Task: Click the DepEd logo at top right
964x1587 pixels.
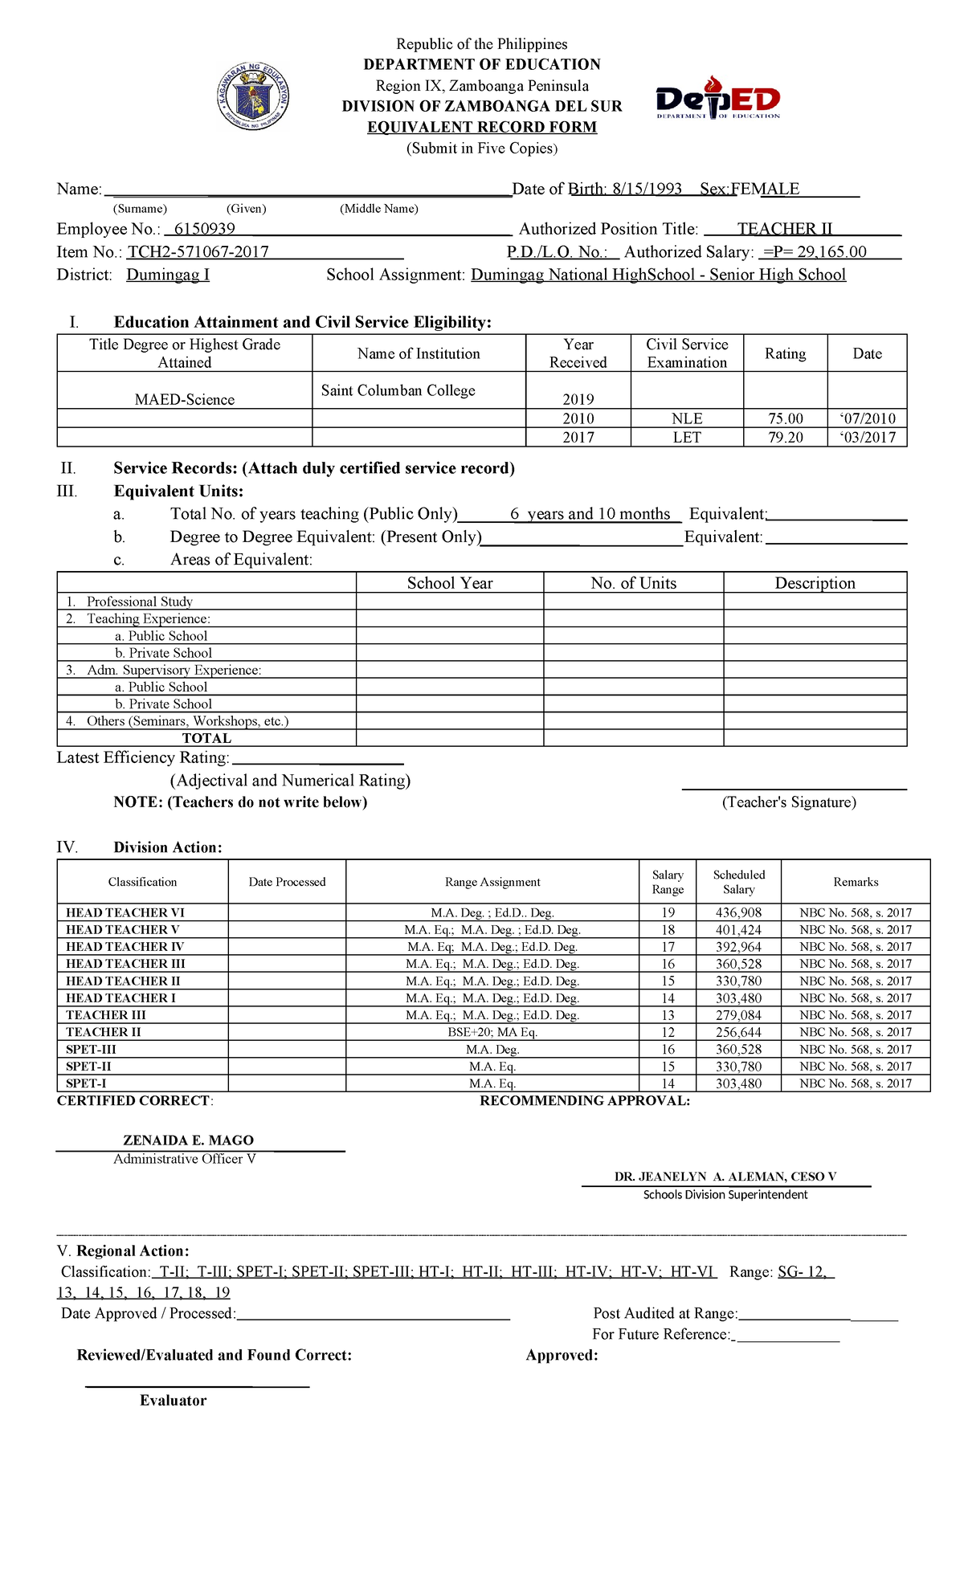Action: pyautogui.click(x=717, y=98)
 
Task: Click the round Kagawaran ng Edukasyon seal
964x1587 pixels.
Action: pyautogui.click(x=254, y=97)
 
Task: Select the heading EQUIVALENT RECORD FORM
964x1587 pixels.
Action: pyautogui.click(x=482, y=127)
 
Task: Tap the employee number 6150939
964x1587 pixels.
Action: pyautogui.click(x=204, y=229)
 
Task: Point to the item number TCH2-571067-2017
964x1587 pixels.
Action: pyautogui.click(x=198, y=252)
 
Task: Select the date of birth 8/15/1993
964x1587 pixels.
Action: pyautogui.click(x=647, y=189)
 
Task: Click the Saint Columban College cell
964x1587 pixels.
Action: pyautogui.click(x=398, y=390)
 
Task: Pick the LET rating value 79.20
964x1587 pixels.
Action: pyautogui.click(x=785, y=438)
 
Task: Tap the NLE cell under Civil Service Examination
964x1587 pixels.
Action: pyautogui.click(x=687, y=418)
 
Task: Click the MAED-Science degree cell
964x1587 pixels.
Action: pyautogui.click(x=185, y=399)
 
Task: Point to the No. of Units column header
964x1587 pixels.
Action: pyautogui.click(x=633, y=583)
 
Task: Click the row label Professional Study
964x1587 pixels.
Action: pyautogui.click(x=139, y=602)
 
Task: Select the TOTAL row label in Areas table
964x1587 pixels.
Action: pyautogui.click(x=206, y=738)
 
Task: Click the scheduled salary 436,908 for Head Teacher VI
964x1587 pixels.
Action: pyautogui.click(x=738, y=912)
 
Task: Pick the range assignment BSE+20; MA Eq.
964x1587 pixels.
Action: pyautogui.click(x=492, y=1032)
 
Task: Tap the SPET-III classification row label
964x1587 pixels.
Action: pyautogui.click(x=91, y=1050)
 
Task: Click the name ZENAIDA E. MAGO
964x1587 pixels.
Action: pyautogui.click(x=188, y=1140)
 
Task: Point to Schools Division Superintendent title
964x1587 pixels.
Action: pyautogui.click(x=725, y=1195)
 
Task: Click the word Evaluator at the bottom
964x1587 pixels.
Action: pyautogui.click(x=173, y=1401)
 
